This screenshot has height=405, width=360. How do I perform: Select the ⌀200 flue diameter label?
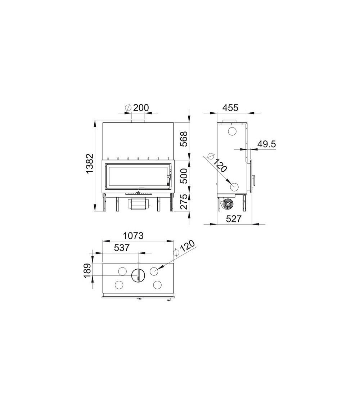coord(137,108)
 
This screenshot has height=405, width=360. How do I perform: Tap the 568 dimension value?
coord(183,139)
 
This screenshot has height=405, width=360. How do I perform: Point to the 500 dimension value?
coord(183,176)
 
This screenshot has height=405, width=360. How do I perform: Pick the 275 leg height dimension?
coord(183,202)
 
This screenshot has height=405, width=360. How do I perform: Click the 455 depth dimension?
coord(231,107)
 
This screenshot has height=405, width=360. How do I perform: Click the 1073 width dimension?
coord(133,235)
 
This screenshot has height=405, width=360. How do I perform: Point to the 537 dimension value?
coord(121,248)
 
